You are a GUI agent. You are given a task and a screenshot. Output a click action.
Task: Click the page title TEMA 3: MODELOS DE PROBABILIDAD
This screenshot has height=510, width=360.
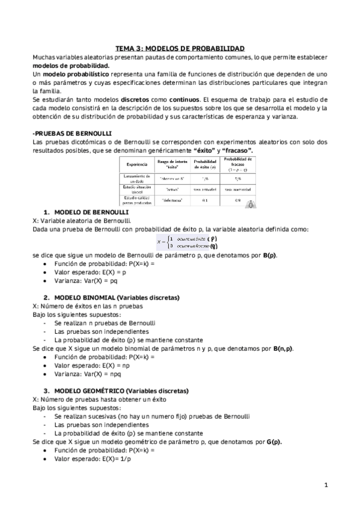pos(180,48)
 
